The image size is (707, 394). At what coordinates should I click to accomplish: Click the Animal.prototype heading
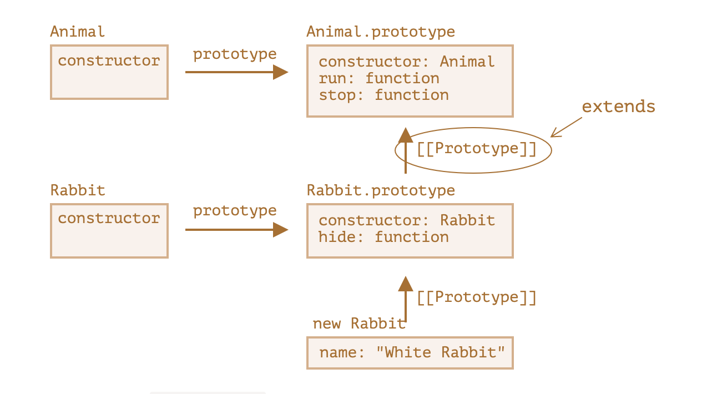(x=381, y=32)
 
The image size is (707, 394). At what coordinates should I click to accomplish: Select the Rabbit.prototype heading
(x=381, y=191)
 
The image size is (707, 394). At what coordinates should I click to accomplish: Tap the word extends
(x=619, y=107)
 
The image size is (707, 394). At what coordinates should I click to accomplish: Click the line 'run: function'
(x=378, y=78)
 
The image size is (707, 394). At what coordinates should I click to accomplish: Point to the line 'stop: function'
(x=383, y=95)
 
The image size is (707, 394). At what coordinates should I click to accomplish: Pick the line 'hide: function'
(x=383, y=237)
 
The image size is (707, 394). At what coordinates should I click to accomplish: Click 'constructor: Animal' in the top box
(x=407, y=62)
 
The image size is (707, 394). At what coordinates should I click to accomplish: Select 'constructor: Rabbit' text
(x=407, y=220)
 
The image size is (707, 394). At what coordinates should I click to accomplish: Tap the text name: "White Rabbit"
(x=412, y=352)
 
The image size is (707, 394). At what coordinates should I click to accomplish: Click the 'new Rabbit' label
(x=359, y=324)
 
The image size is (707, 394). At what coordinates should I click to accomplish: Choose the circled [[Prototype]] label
(x=477, y=149)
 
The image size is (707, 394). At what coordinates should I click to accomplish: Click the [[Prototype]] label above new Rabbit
(x=477, y=297)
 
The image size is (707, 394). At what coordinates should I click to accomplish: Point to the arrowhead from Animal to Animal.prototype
(x=281, y=72)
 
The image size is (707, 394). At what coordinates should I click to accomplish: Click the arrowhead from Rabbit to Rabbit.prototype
(x=281, y=230)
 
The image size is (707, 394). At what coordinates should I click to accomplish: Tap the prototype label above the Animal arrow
(x=235, y=54)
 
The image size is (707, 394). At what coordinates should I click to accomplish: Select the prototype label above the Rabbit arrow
(x=235, y=211)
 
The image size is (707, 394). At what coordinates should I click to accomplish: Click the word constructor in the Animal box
(x=109, y=60)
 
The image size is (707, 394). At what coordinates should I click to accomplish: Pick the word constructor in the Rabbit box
(x=109, y=219)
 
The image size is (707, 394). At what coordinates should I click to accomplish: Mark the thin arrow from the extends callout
(x=566, y=127)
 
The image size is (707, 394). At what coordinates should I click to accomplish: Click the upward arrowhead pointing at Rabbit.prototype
(x=406, y=284)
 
